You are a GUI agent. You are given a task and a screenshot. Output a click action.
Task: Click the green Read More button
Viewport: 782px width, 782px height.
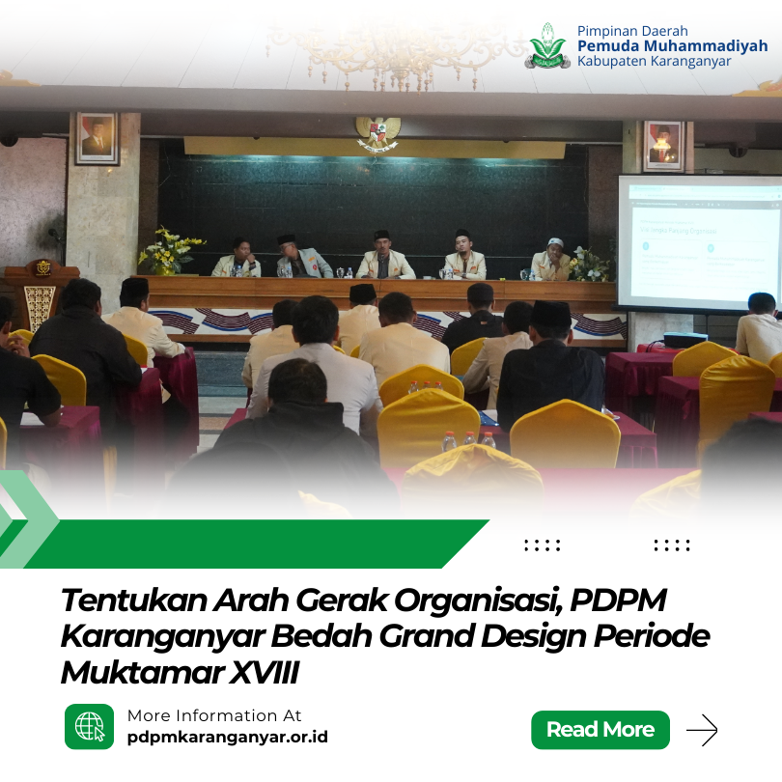pos(600,730)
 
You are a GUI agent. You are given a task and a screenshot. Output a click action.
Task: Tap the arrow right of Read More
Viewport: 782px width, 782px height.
pos(702,730)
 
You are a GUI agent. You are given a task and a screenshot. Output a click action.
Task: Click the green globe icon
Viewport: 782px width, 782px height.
pos(89,726)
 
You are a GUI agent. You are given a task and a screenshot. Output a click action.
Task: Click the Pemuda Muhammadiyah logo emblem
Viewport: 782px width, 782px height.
pos(548,45)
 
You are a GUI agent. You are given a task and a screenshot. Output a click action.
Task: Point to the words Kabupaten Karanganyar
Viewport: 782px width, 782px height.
pos(654,62)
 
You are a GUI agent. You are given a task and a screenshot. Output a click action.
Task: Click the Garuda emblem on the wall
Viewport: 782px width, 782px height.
pos(377,133)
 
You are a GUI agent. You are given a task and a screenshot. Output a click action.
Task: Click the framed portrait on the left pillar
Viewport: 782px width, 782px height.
pos(96,137)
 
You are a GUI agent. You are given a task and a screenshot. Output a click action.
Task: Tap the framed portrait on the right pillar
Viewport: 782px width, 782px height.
pos(662,145)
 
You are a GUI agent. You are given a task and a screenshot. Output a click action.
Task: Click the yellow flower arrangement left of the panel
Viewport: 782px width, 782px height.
pos(171,251)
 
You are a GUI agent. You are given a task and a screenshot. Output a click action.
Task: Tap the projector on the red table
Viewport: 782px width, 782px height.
pos(684,339)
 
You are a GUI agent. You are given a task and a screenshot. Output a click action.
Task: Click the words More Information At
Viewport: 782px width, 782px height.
pos(214,715)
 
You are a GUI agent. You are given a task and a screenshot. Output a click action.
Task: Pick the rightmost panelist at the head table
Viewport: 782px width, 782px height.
pos(552,260)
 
